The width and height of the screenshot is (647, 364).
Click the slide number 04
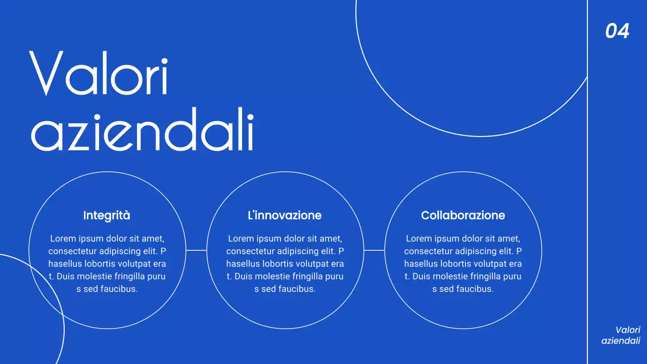coord(617,31)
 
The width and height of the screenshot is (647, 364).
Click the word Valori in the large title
coord(99,73)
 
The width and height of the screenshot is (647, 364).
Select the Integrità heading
coord(107,215)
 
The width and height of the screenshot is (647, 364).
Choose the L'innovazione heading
coord(285,215)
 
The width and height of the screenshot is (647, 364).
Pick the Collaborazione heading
coord(463,215)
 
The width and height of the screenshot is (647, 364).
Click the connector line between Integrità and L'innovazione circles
coord(196,250)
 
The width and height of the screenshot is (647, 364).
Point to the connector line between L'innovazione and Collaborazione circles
coord(374,250)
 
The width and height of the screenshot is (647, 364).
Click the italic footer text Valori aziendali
coord(621,335)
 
